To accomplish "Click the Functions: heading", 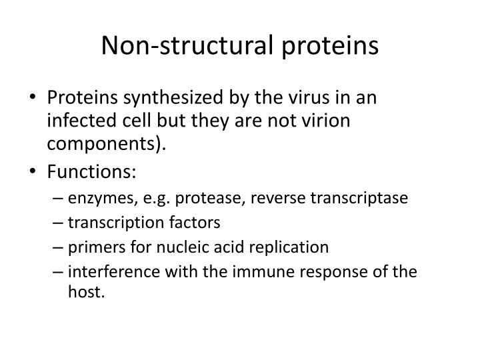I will click(91, 173).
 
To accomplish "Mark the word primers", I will click(92, 247).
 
